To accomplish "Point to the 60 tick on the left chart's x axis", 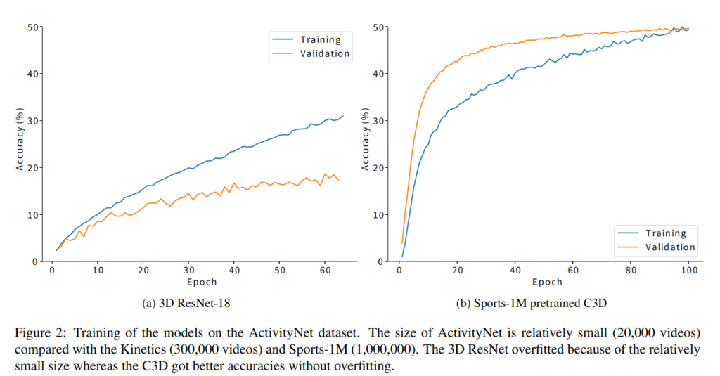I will coord(325,271).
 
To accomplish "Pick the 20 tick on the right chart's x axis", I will coord(457,271).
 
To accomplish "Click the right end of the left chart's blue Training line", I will coord(344,115).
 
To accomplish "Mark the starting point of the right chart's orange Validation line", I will coord(402,243).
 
